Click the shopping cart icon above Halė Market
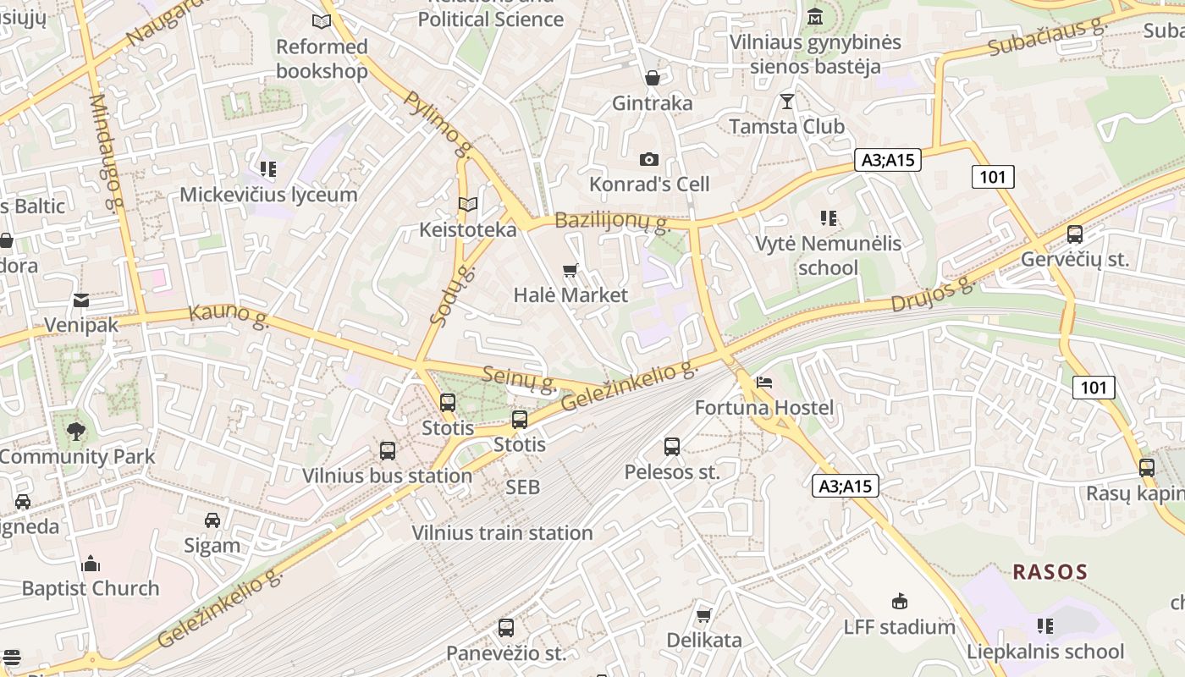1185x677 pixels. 570,271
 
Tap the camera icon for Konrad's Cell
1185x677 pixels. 649,159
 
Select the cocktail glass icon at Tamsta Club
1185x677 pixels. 787,102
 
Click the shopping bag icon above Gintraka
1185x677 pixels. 653,79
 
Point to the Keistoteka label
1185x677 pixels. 467,230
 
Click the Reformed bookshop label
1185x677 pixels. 322,58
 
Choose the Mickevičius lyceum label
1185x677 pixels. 268,195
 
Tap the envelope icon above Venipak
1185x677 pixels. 81,300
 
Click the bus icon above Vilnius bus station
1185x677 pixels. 388,451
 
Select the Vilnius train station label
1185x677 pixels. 502,533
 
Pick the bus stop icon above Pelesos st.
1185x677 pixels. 672,447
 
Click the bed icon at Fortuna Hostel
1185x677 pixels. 764,383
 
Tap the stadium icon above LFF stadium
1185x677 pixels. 900,602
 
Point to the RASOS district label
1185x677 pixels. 1050,572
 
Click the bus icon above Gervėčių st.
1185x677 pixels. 1075,234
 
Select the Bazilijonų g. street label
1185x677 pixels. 612,222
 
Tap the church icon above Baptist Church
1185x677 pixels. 91,564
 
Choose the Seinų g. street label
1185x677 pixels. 519,378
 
